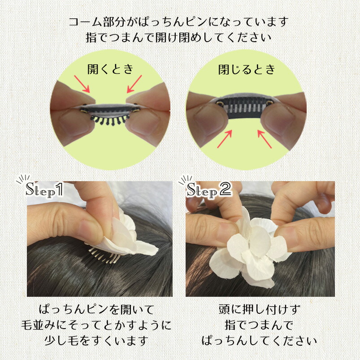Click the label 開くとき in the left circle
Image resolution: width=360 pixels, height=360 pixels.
coord(110,69)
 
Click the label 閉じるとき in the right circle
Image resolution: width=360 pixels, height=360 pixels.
coord(247,69)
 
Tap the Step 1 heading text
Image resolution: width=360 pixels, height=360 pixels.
coord(44,190)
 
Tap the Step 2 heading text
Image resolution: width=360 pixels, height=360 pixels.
coord(209,190)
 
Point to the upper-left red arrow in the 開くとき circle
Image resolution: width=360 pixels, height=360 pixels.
coord(82,84)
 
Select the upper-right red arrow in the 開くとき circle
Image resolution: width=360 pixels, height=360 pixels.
coord(134,84)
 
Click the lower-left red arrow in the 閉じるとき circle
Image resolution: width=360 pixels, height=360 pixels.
coord(225,139)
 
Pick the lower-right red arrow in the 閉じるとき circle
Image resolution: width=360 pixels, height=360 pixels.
coord(265,139)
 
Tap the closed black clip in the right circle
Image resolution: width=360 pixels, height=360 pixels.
coord(244,108)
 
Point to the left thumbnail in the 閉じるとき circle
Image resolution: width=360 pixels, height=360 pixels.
coord(208,119)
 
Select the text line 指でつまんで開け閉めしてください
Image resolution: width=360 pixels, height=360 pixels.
coord(178,38)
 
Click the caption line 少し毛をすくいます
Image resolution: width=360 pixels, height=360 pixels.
coord(96,341)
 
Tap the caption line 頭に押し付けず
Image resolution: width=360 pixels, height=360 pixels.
coord(260,309)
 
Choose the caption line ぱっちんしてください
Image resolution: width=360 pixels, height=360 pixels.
coord(260,341)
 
